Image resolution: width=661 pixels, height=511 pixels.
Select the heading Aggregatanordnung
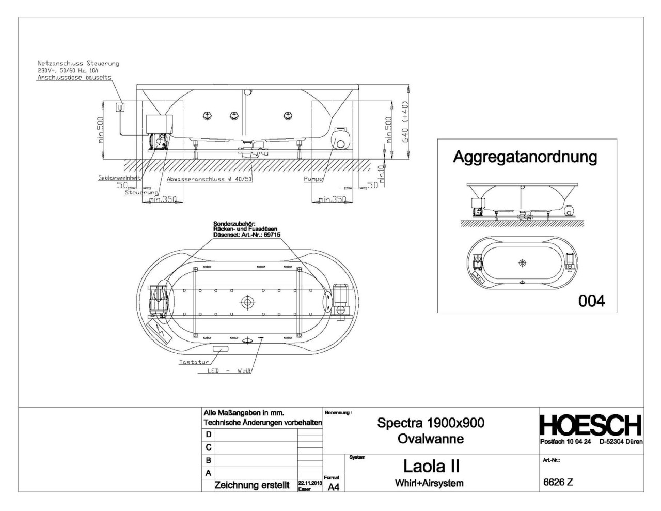(525, 157)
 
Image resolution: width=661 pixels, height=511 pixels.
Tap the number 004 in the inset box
(591, 301)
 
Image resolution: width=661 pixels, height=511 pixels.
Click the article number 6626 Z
(558, 483)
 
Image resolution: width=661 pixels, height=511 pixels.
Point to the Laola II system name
(431, 466)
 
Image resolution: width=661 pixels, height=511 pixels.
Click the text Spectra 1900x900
(431, 423)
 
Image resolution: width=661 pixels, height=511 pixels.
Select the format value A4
(333, 487)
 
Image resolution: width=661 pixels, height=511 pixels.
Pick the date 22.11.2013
(310, 482)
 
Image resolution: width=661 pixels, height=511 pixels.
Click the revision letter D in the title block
(209, 435)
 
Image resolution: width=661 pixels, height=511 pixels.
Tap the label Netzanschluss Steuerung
(78, 63)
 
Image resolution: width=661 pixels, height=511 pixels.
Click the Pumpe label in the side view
(313, 179)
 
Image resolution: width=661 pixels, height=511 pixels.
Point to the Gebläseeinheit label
(119, 178)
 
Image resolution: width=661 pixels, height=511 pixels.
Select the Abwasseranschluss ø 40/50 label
(209, 180)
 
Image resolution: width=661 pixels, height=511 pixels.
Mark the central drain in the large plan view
(247, 302)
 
